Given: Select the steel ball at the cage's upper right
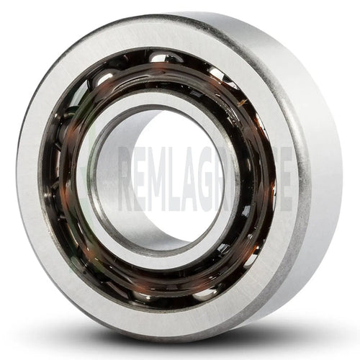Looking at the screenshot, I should pyautogui.click(x=216, y=73).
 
